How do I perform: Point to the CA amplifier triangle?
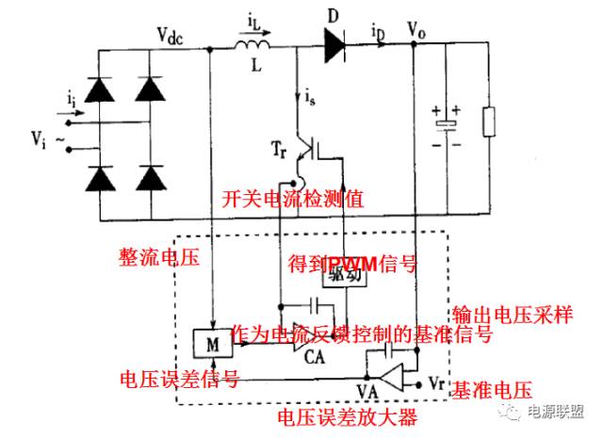304,344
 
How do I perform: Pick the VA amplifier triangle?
397,378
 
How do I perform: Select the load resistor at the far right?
488,122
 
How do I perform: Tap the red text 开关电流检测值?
292,199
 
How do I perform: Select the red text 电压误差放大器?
348,416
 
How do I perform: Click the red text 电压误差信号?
177,379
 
